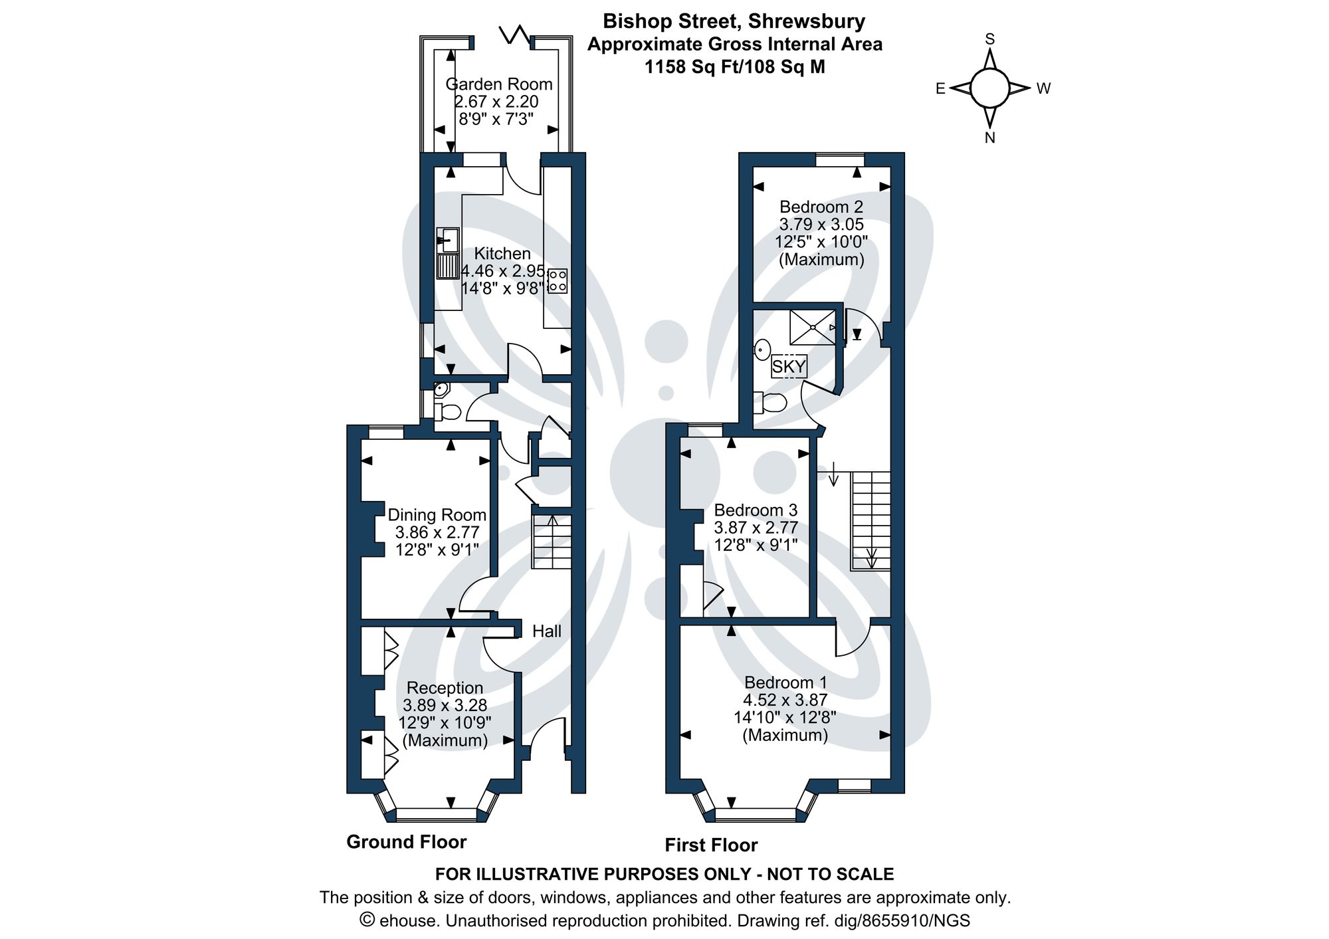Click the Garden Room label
498,84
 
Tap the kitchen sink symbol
448,240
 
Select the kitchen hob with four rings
557,280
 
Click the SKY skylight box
789,366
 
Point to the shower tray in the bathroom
812,327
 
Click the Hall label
546,631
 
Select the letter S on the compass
989,39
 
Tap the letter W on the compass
1043,88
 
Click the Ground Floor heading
406,842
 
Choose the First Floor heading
711,845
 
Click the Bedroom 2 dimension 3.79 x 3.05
821,225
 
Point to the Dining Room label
437,515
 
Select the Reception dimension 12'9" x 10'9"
445,723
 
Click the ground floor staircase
551,542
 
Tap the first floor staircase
870,520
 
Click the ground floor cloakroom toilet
449,412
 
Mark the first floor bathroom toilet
771,403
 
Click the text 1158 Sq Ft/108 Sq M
734,67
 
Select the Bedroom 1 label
785,682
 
